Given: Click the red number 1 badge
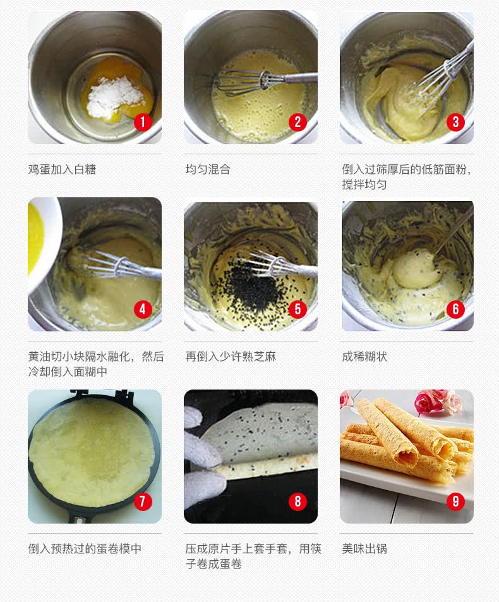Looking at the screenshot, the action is pyautogui.click(x=143, y=122).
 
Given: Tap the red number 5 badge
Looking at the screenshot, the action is pyautogui.click(x=298, y=309).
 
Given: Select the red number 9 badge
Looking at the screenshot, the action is pyautogui.click(x=455, y=501).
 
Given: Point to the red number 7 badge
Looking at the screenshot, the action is pyautogui.click(x=143, y=501).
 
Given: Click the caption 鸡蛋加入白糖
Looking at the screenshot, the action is pyautogui.click(x=62, y=169).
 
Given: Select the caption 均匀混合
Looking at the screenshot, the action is pyautogui.click(x=208, y=169).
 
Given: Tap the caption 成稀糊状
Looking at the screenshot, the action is pyautogui.click(x=364, y=357).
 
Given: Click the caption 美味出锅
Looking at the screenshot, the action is pyautogui.click(x=364, y=549).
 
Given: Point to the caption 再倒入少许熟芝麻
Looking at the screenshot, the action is pyautogui.click(x=231, y=357).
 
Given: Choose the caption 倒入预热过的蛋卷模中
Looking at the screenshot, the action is pyautogui.click(x=85, y=549).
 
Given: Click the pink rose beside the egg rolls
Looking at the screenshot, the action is pyautogui.click(x=430, y=402).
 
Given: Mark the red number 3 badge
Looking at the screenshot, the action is pyautogui.click(x=455, y=122).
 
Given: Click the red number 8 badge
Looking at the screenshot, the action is pyautogui.click(x=298, y=501).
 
